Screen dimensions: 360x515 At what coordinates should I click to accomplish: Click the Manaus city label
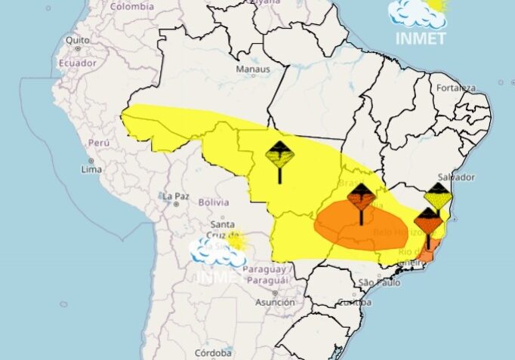pos(252,69)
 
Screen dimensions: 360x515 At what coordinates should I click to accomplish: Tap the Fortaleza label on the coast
pos(456,88)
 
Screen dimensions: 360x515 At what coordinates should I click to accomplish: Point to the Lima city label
pos(91,169)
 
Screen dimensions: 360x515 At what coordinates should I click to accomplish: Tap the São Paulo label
pos(378,282)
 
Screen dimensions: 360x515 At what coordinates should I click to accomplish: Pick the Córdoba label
pos(213,352)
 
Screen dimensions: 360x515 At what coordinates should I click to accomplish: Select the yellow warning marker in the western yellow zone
pos(279,157)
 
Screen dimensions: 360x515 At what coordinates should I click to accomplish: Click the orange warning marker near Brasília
pos(361,200)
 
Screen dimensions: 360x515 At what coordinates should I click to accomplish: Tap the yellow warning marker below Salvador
pos(438,198)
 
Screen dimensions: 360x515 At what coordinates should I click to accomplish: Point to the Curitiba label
pos(354,303)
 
